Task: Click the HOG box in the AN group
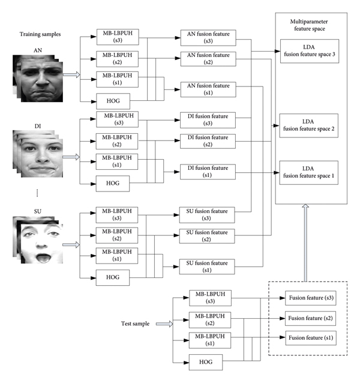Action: (x=112, y=101)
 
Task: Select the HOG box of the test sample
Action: (x=205, y=361)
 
